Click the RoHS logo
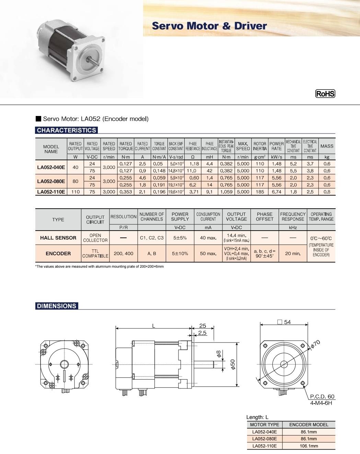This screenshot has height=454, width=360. tap(325, 94)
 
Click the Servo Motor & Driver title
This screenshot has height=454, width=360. tap(209, 26)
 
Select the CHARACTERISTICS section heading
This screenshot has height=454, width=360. tap(67, 130)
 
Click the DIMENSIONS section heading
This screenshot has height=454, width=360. tap(57, 306)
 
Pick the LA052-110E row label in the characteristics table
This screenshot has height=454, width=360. tap(51, 192)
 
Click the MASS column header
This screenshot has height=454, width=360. tap(327, 146)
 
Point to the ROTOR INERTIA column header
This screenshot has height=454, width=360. tap(260, 146)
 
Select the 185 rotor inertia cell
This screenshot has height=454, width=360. tap(260, 192)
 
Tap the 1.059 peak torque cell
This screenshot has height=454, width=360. tap(226, 192)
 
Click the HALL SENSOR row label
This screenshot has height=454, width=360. tap(58, 238)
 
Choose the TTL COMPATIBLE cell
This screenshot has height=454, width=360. tap(95, 254)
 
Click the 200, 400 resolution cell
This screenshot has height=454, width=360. tap(124, 254)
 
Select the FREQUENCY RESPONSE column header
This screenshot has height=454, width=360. tap(293, 217)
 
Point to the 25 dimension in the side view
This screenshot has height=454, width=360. tap(202, 325)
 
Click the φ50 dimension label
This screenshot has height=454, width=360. tap(232, 364)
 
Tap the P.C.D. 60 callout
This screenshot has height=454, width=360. tap(322, 396)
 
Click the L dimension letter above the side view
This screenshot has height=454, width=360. tap(154, 326)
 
